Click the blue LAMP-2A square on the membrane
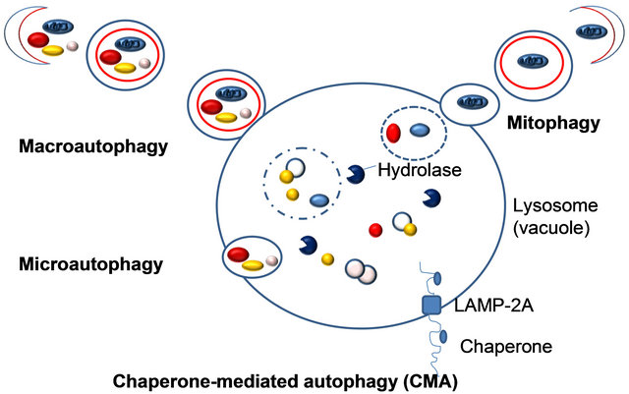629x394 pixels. coord(430,306)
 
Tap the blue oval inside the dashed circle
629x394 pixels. coord(419,129)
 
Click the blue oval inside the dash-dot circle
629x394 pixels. coord(319,200)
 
